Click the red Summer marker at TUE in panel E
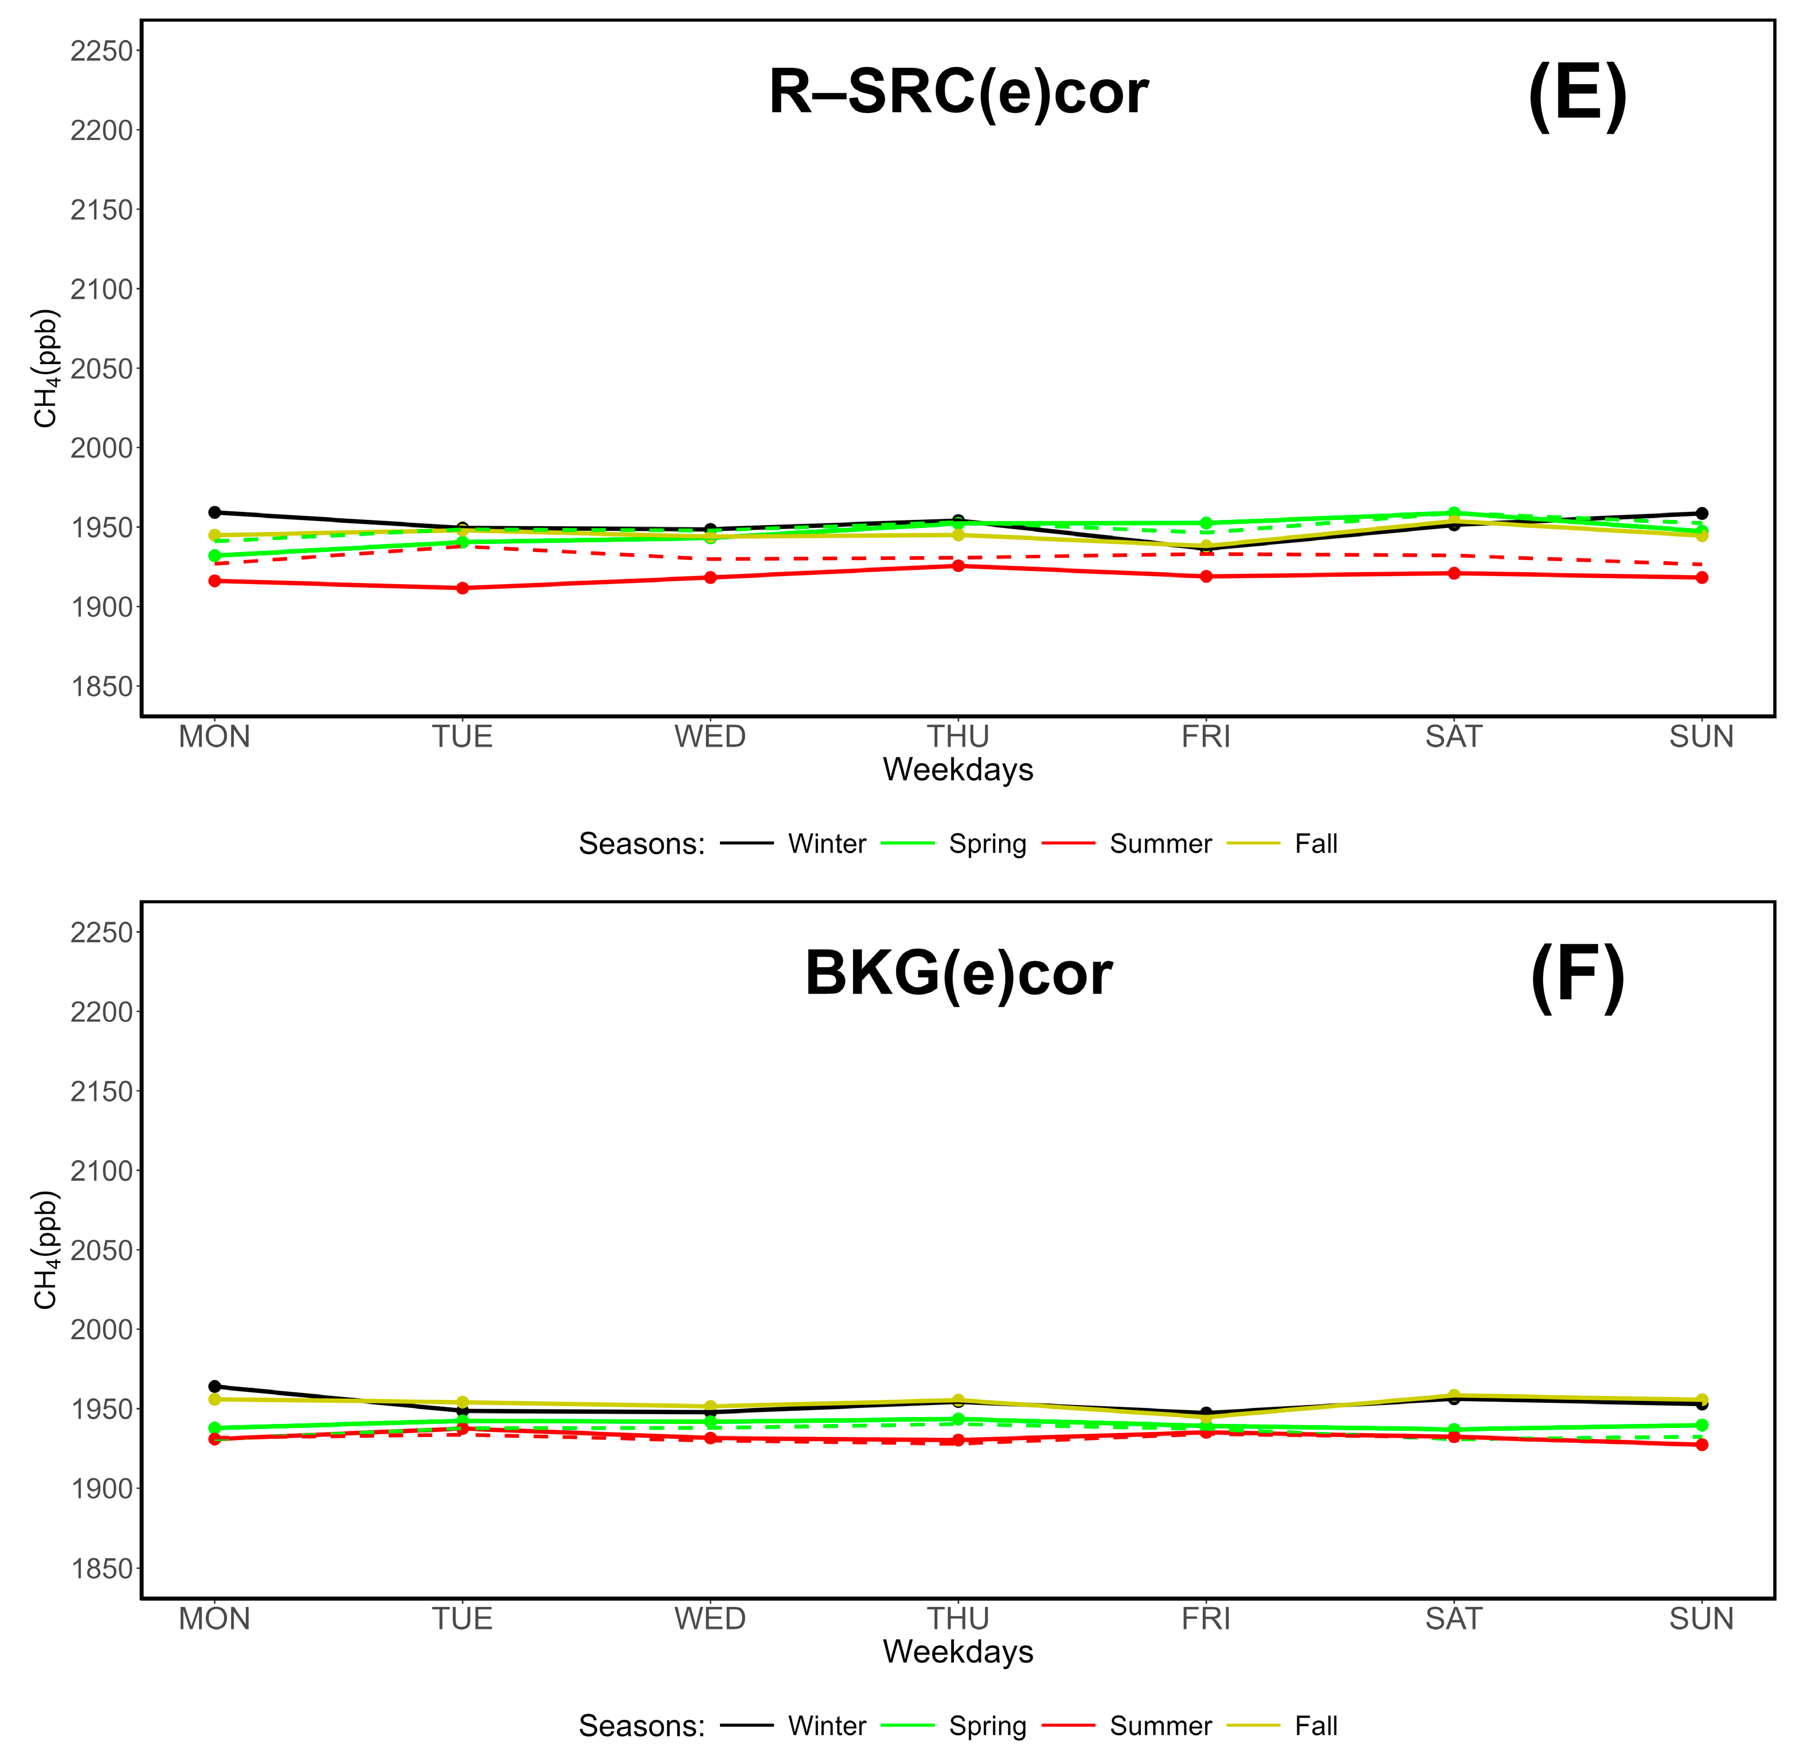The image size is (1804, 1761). [x=463, y=588]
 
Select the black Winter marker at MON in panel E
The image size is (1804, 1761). [x=214, y=512]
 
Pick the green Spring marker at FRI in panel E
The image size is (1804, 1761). [x=1206, y=523]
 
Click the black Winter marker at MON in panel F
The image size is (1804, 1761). [x=214, y=1387]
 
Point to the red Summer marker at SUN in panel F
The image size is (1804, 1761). [x=1701, y=1445]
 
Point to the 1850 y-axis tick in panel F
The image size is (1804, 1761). [x=102, y=1568]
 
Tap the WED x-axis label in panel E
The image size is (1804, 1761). [x=710, y=737]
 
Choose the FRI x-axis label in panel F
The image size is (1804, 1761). [x=1206, y=1619]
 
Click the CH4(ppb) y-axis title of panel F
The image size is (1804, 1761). [x=46, y=1250]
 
